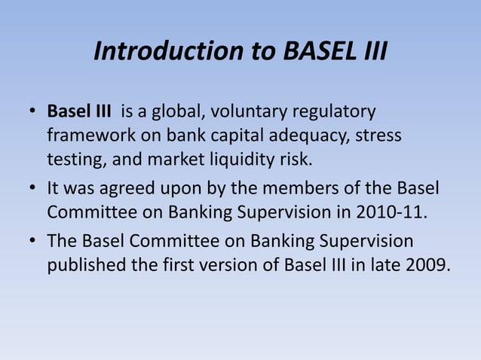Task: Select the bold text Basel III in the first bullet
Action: pos(78,112)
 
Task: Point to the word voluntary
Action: pos(246,112)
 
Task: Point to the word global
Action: pos(180,112)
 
